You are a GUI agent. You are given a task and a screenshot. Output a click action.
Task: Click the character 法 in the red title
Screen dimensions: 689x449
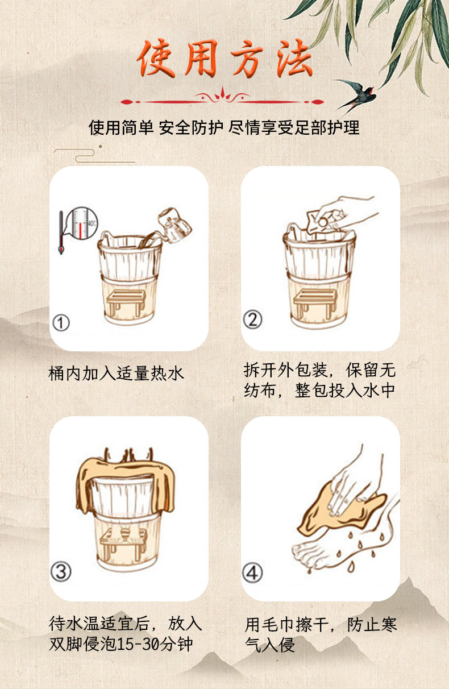click(x=294, y=59)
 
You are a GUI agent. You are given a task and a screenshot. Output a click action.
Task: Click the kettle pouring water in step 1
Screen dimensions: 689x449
click(x=174, y=223)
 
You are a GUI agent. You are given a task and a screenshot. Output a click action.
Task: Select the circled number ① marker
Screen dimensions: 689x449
click(x=61, y=323)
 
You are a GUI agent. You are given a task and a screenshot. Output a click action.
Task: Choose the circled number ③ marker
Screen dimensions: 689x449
click(x=61, y=571)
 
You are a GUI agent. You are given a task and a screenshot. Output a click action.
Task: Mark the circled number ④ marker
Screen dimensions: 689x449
click(x=253, y=571)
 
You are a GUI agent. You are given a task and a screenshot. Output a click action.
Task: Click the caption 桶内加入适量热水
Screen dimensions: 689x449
click(x=117, y=373)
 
